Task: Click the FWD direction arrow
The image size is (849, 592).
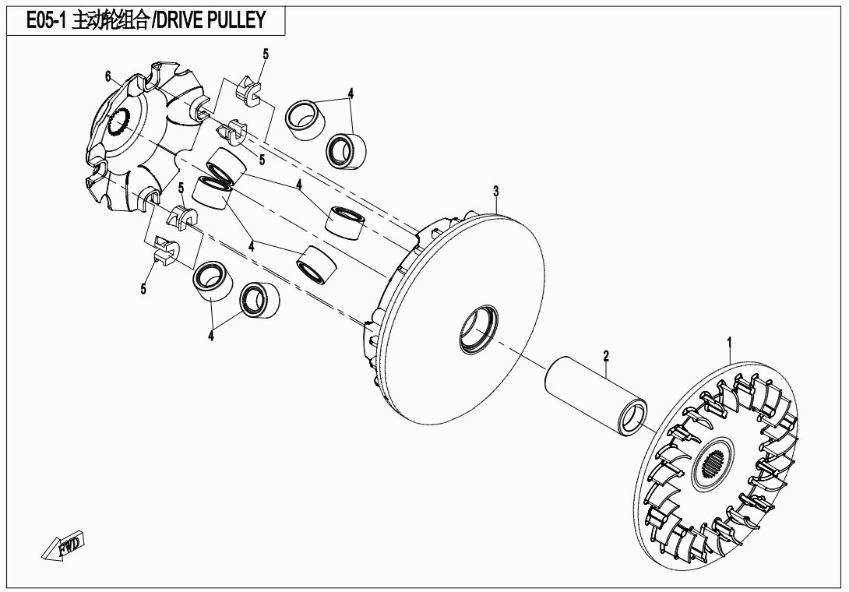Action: (63, 544)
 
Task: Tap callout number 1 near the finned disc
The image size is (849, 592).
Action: (729, 342)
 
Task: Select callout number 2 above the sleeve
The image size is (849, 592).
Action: (607, 356)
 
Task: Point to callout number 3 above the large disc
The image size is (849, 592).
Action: (495, 191)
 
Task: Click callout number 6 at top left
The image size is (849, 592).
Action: (107, 76)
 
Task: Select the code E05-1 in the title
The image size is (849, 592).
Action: (46, 20)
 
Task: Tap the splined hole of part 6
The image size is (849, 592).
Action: (118, 122)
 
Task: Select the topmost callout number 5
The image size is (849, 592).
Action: (266, 55)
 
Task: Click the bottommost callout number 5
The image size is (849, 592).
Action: (143, 289)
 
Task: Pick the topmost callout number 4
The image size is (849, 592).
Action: (351, 93)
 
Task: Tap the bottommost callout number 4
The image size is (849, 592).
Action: (210, 336)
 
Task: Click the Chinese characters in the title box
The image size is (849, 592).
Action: (110, 20)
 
